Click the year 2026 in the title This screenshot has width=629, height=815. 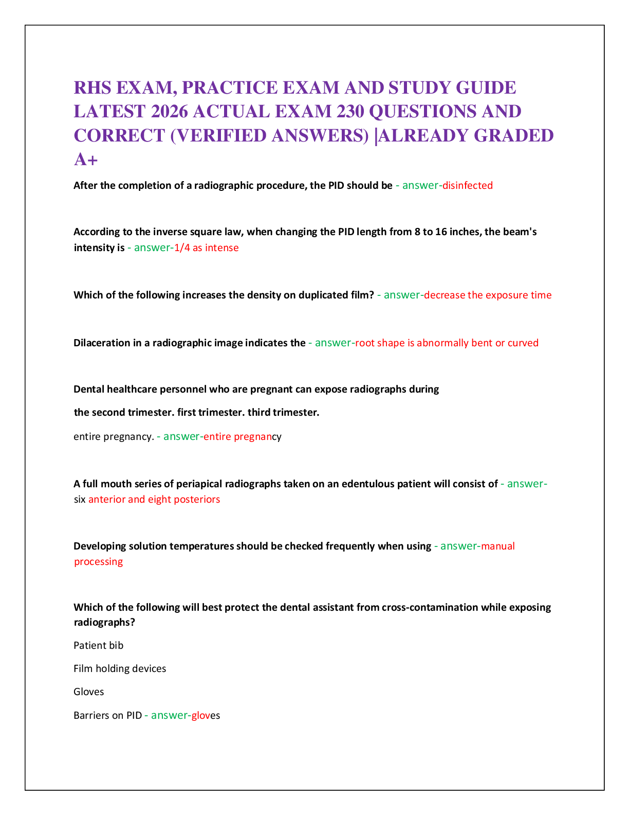(x=170, y=111)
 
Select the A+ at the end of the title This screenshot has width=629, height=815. (x=86, y=160)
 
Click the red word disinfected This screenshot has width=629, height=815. (x=467, y=185)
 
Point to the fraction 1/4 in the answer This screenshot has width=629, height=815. (x=182, y=247)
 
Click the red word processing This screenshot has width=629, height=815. (x=99, y=562)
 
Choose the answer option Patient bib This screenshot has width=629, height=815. (x=99, y=645)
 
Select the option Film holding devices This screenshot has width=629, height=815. (x=120, y=668)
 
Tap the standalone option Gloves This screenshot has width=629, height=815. (x=89, y=692)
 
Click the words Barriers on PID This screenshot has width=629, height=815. (x=108, y=715)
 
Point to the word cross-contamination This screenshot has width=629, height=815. (x=430, y=607)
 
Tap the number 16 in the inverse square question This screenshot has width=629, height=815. (x=441, y=232)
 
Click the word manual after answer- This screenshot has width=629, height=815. (x=498, y=546)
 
